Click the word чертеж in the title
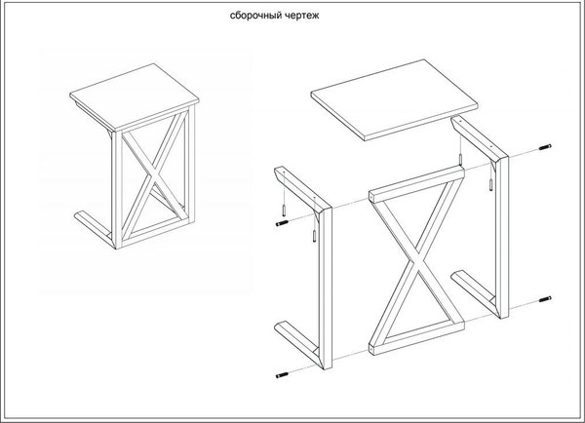coord(303,16)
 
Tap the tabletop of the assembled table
coord(135,96)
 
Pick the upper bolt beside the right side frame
coord(545,147)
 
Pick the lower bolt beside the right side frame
coord(545,299)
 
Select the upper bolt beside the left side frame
coord(282,223)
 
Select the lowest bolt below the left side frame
coord(282,375)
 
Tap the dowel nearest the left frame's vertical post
coord(315,237)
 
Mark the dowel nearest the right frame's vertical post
coord(490,184)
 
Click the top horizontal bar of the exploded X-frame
coord(417,184)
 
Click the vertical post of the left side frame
coord(326,288)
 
